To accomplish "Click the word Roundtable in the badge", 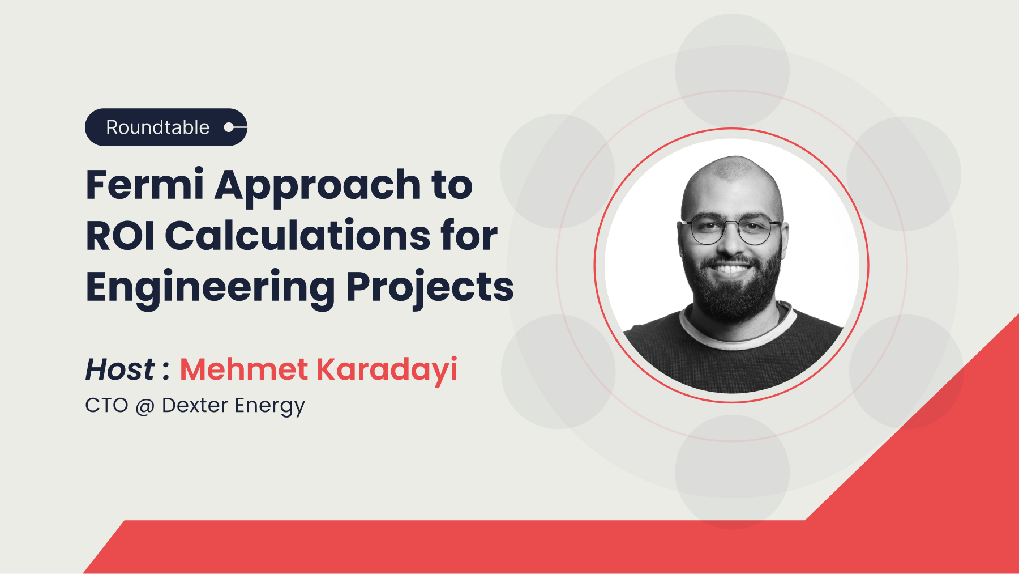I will (x=157, y=127).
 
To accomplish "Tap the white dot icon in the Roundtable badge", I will (x=229, y=127).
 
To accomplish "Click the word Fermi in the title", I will (x=144, y=185).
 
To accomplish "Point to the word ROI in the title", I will (x=120, y=236).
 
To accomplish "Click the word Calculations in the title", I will (x=298, y=236).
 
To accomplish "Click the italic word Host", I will (x=119, y=369).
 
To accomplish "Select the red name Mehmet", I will (x=243, y=369).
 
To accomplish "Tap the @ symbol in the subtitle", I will (x=145, y=406).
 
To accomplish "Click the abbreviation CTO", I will (x=106, y=406).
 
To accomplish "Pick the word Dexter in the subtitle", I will (x=195, y=406).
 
